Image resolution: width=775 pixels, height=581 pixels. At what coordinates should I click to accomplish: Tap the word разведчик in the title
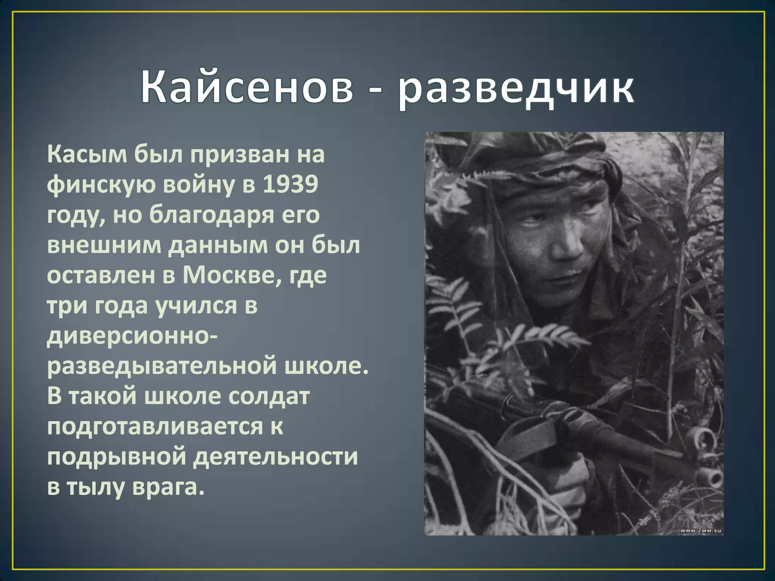pyautogui.click(x=515, y=89)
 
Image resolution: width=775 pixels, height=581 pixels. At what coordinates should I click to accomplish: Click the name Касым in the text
pyautogui.click(x=87, y=155)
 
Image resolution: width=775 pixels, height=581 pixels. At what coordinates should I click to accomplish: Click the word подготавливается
pyautogui.click(x=155, y=426)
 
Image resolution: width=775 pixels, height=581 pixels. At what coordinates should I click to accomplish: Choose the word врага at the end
pyautogui.click(x=168, y=487)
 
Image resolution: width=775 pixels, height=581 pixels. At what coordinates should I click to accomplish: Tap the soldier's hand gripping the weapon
pyautogui.click(x=568, y=480)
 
